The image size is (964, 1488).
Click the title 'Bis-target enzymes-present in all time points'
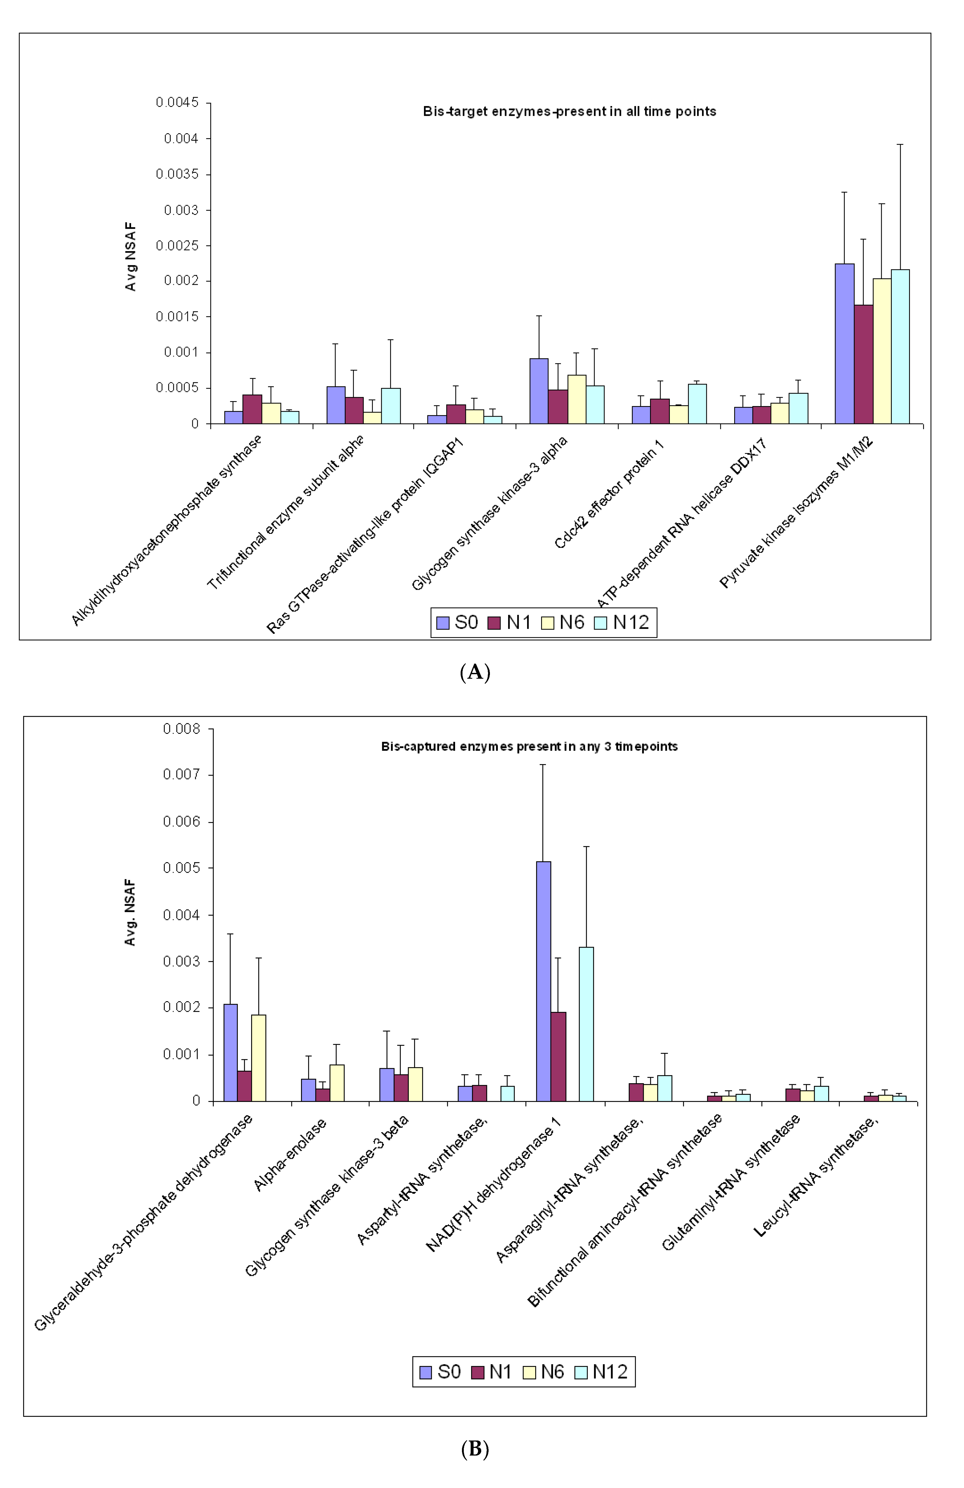coord(569,111)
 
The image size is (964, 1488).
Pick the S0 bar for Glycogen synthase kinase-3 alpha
coord(539,391)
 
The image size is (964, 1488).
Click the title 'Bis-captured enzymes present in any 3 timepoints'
coord(529,747)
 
